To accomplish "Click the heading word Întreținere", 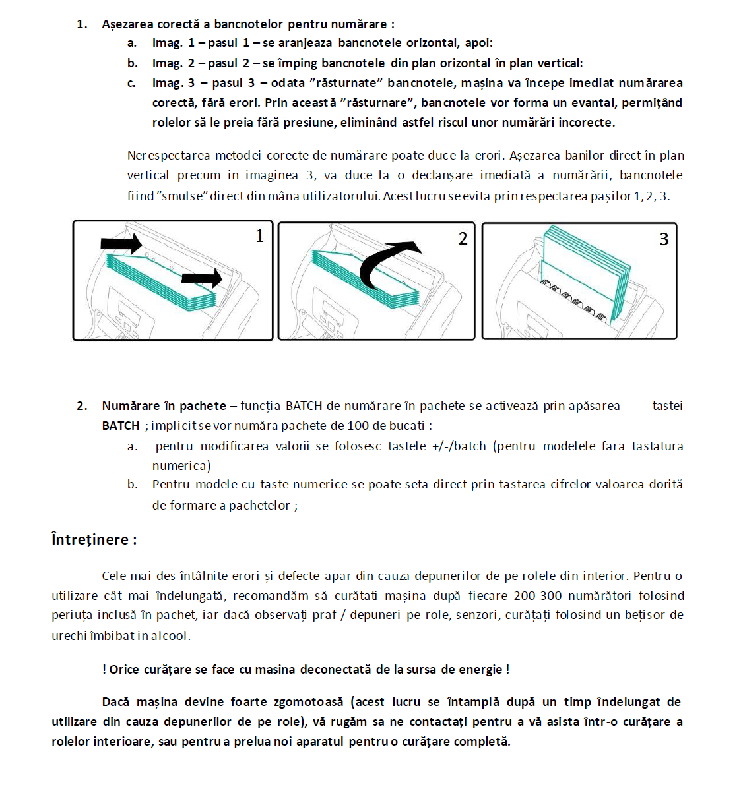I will tap(90, 539).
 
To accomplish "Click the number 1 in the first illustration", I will tap(259, 236).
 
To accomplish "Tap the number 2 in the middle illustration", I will tap(463, 239).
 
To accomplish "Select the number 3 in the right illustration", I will tap(664, 239).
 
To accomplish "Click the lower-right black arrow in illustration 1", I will tap(202, 278).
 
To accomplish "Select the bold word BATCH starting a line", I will tap(121, 426).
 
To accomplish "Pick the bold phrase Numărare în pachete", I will tap(164, 406).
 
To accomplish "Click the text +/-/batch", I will tap(459, 446).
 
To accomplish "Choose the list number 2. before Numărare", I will tap(82, 406).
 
